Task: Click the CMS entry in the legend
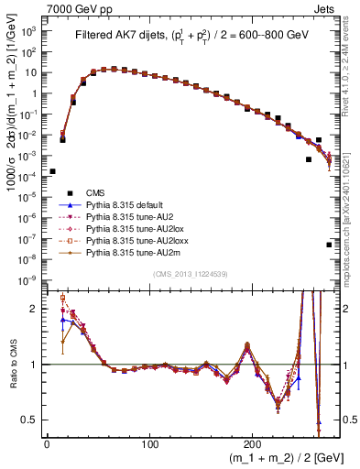[x=95, y=191]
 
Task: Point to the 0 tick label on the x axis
[x=47, y=444]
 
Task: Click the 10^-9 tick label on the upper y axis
[x=28, y=279]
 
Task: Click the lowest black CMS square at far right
[x=329, y=245]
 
